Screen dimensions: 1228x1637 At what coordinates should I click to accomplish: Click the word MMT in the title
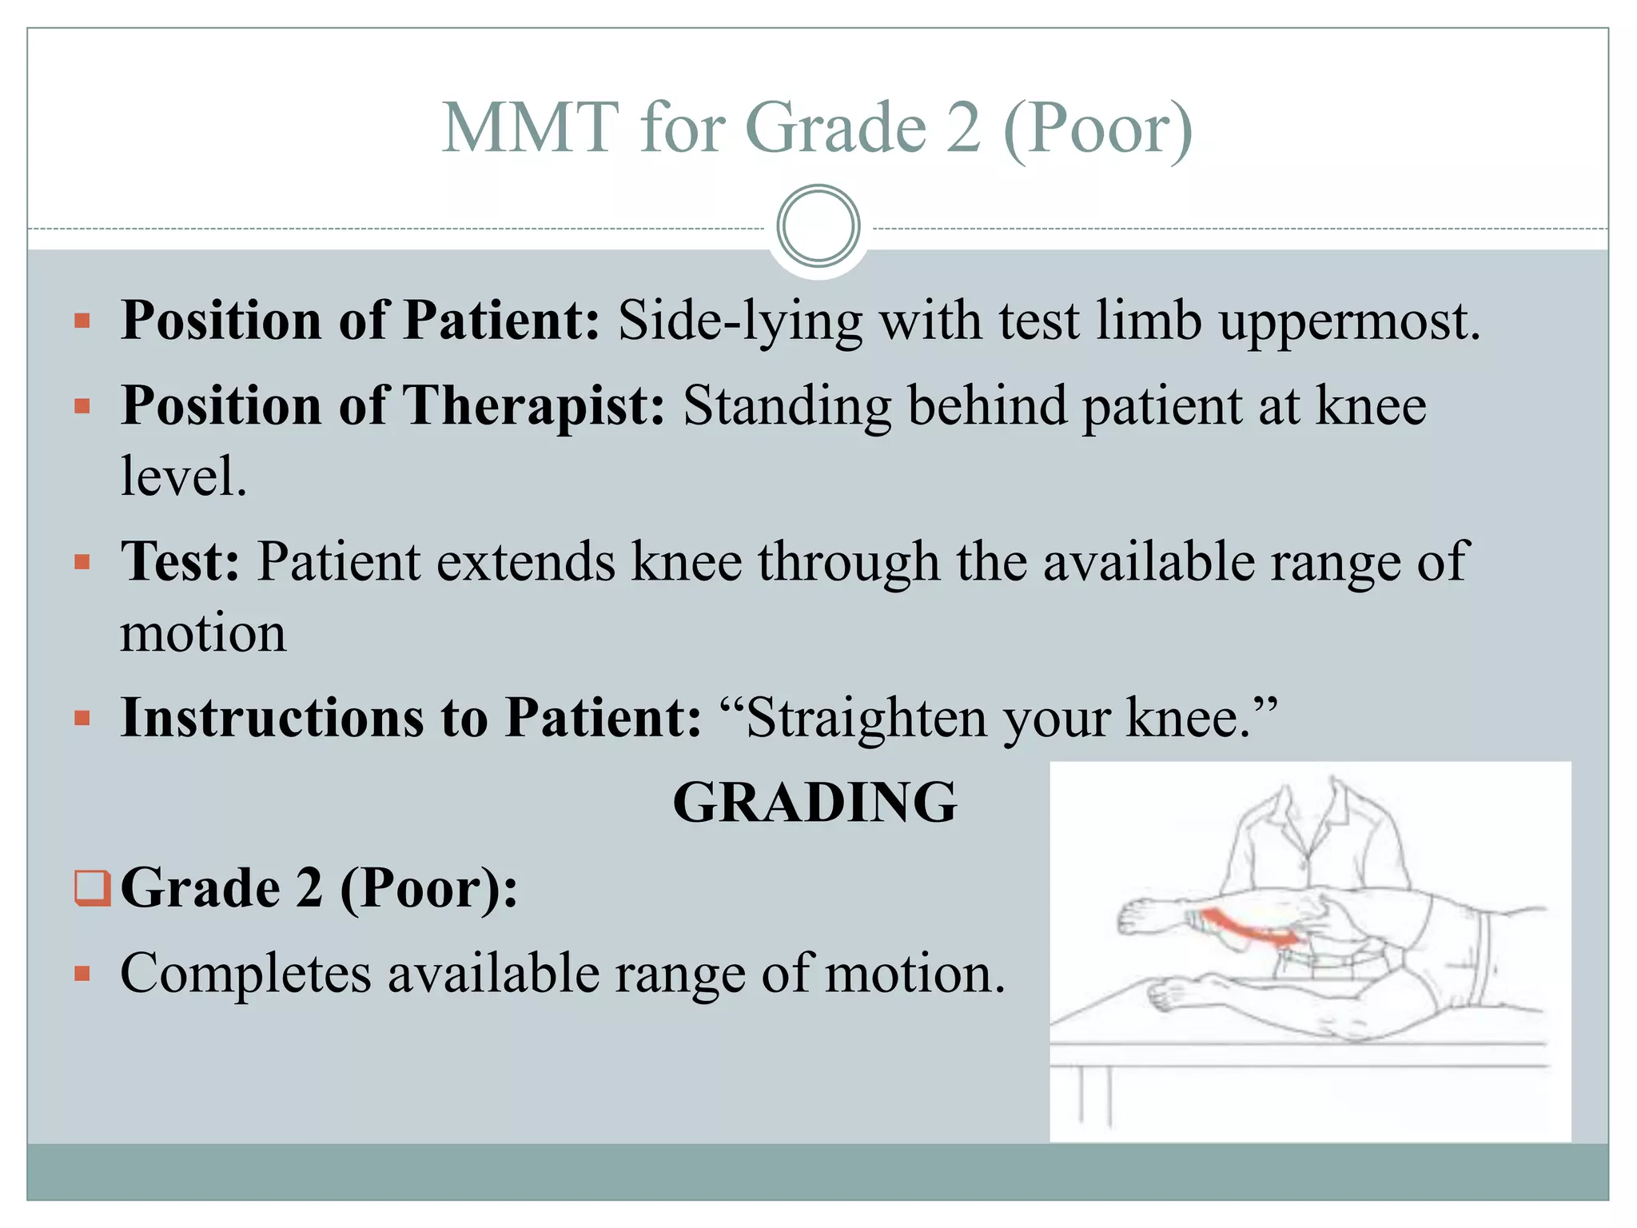pyautogui.click(x=530, y=128)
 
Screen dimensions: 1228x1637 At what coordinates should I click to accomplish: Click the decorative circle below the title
pyautogui.click(x=818, y=226)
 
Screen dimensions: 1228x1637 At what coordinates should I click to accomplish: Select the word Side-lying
pyautogui.click(x=740, y=321)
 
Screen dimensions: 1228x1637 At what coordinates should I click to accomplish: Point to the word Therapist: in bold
pyautogui.click(x=533, y=406)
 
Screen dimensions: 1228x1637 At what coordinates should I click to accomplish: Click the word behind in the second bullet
pyautogui.click(x=987, y=406)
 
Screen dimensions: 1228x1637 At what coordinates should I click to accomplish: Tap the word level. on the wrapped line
pyautogui.click(x=184, y=476)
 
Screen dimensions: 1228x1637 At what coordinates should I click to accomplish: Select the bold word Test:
pyautogui.click(x=180, y=562)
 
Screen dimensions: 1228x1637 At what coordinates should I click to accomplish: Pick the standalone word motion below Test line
pyautogui.click(x=203, y=633)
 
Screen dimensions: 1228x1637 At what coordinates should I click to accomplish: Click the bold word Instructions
pyautogui.click(x=272, y=717)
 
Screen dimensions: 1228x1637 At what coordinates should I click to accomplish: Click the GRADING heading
pyautogui.click(x=815, y=802)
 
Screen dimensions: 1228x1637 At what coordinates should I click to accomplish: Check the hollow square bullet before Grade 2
pyautogui.click(x=92, y=888)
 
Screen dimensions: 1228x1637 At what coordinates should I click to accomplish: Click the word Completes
pyautogui.click(x=245, y=974)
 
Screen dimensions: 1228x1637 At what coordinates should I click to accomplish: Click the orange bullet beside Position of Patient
pyautogui.click(x=82, y=321)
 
